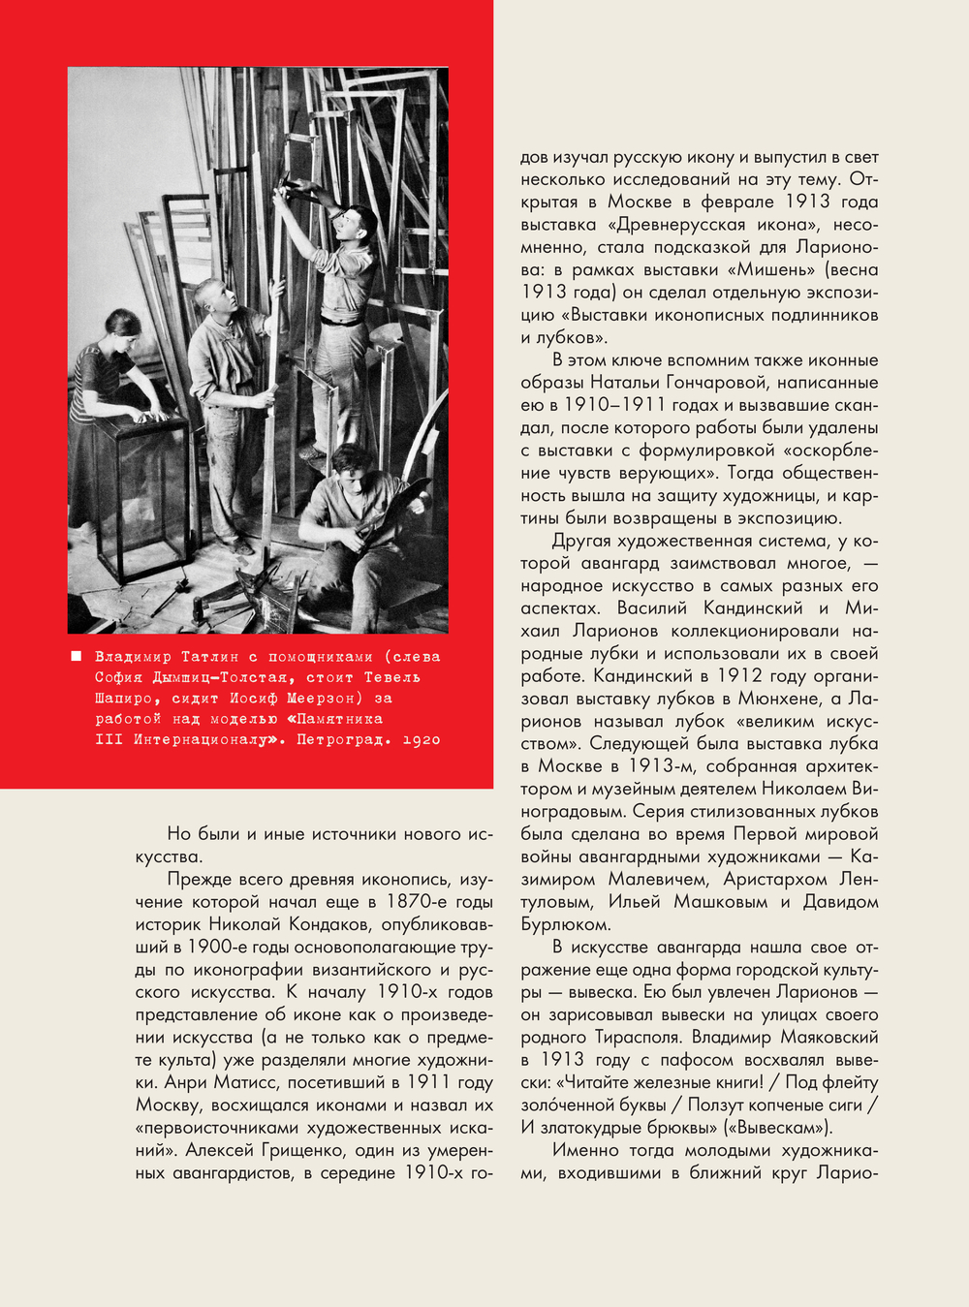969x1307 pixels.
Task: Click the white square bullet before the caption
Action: coord(77,657)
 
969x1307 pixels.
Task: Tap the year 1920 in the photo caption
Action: coord(421,740)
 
